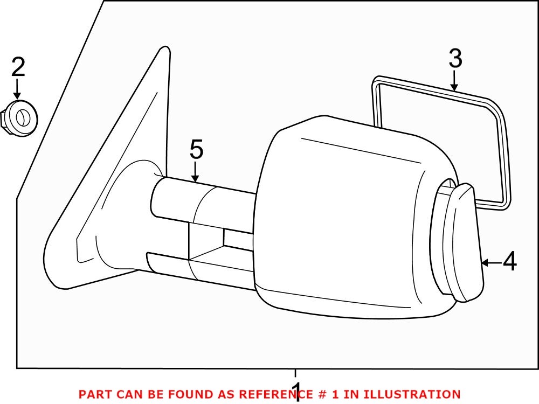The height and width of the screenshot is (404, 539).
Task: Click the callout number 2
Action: [18, 67]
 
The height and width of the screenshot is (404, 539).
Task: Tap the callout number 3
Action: [455, 59]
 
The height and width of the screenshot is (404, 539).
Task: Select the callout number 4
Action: [509, 262]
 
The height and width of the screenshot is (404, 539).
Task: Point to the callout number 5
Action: [196, 150]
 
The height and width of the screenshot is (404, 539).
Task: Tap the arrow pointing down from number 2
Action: [18, 88]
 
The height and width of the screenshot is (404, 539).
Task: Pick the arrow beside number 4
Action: [490, 263]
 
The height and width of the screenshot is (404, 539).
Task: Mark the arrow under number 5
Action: [195, 172]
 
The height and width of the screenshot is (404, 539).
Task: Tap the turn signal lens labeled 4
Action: [464, 242]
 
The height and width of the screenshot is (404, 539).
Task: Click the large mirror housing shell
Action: [345, 215]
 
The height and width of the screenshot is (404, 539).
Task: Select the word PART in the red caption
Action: [94, 395]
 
